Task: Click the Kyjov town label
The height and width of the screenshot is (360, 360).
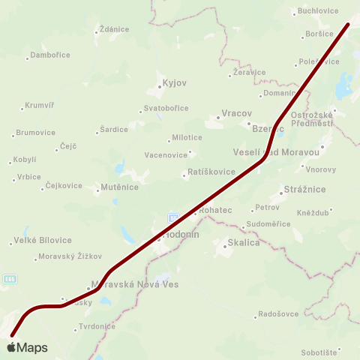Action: [x=175, y=82]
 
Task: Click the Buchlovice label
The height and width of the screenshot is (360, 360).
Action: [x=318, y=11]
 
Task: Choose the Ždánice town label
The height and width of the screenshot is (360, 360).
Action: [x=114, y=29]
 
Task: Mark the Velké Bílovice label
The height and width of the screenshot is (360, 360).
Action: [x=43, y=240]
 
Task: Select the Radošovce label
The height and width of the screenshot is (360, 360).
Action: [x=278, y=314]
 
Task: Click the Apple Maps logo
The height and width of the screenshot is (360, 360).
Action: [x=27, y=347]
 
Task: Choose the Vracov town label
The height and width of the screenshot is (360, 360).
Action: [x=231, y=115]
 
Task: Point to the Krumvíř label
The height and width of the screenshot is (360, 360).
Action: [x=40, y=105]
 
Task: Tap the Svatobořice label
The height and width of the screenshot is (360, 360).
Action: [x=166, y=108]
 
